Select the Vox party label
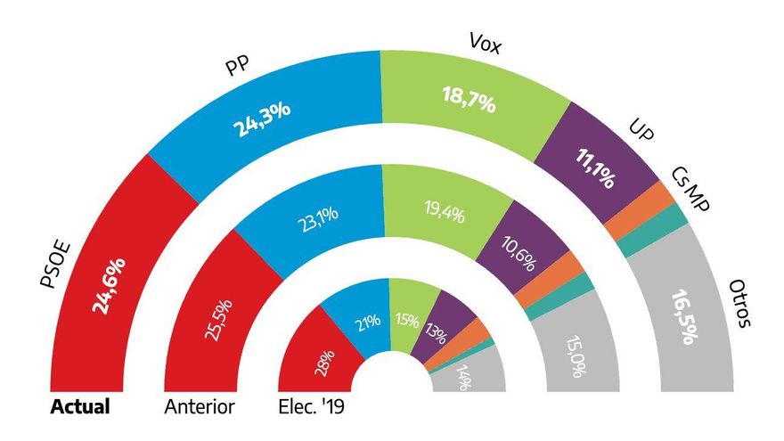click(x=485, y=45)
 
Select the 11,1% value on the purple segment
click(x=594, y=168)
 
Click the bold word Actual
click(x=80, y=408)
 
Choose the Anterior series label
click(x=200, y=408)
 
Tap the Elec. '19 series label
click(x=311, y=408)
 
